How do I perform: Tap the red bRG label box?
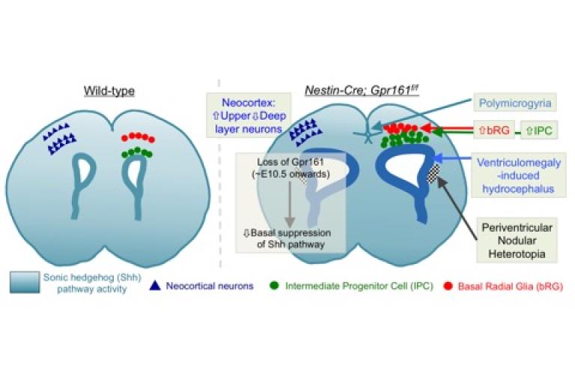pyautogui.click(x=493, y=130)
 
